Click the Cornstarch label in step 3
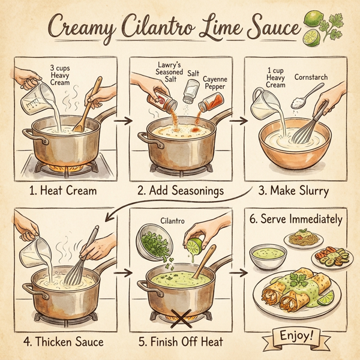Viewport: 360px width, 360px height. point(311,77)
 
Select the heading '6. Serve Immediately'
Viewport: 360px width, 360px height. point(298,219)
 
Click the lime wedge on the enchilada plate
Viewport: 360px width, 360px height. point(326,297)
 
